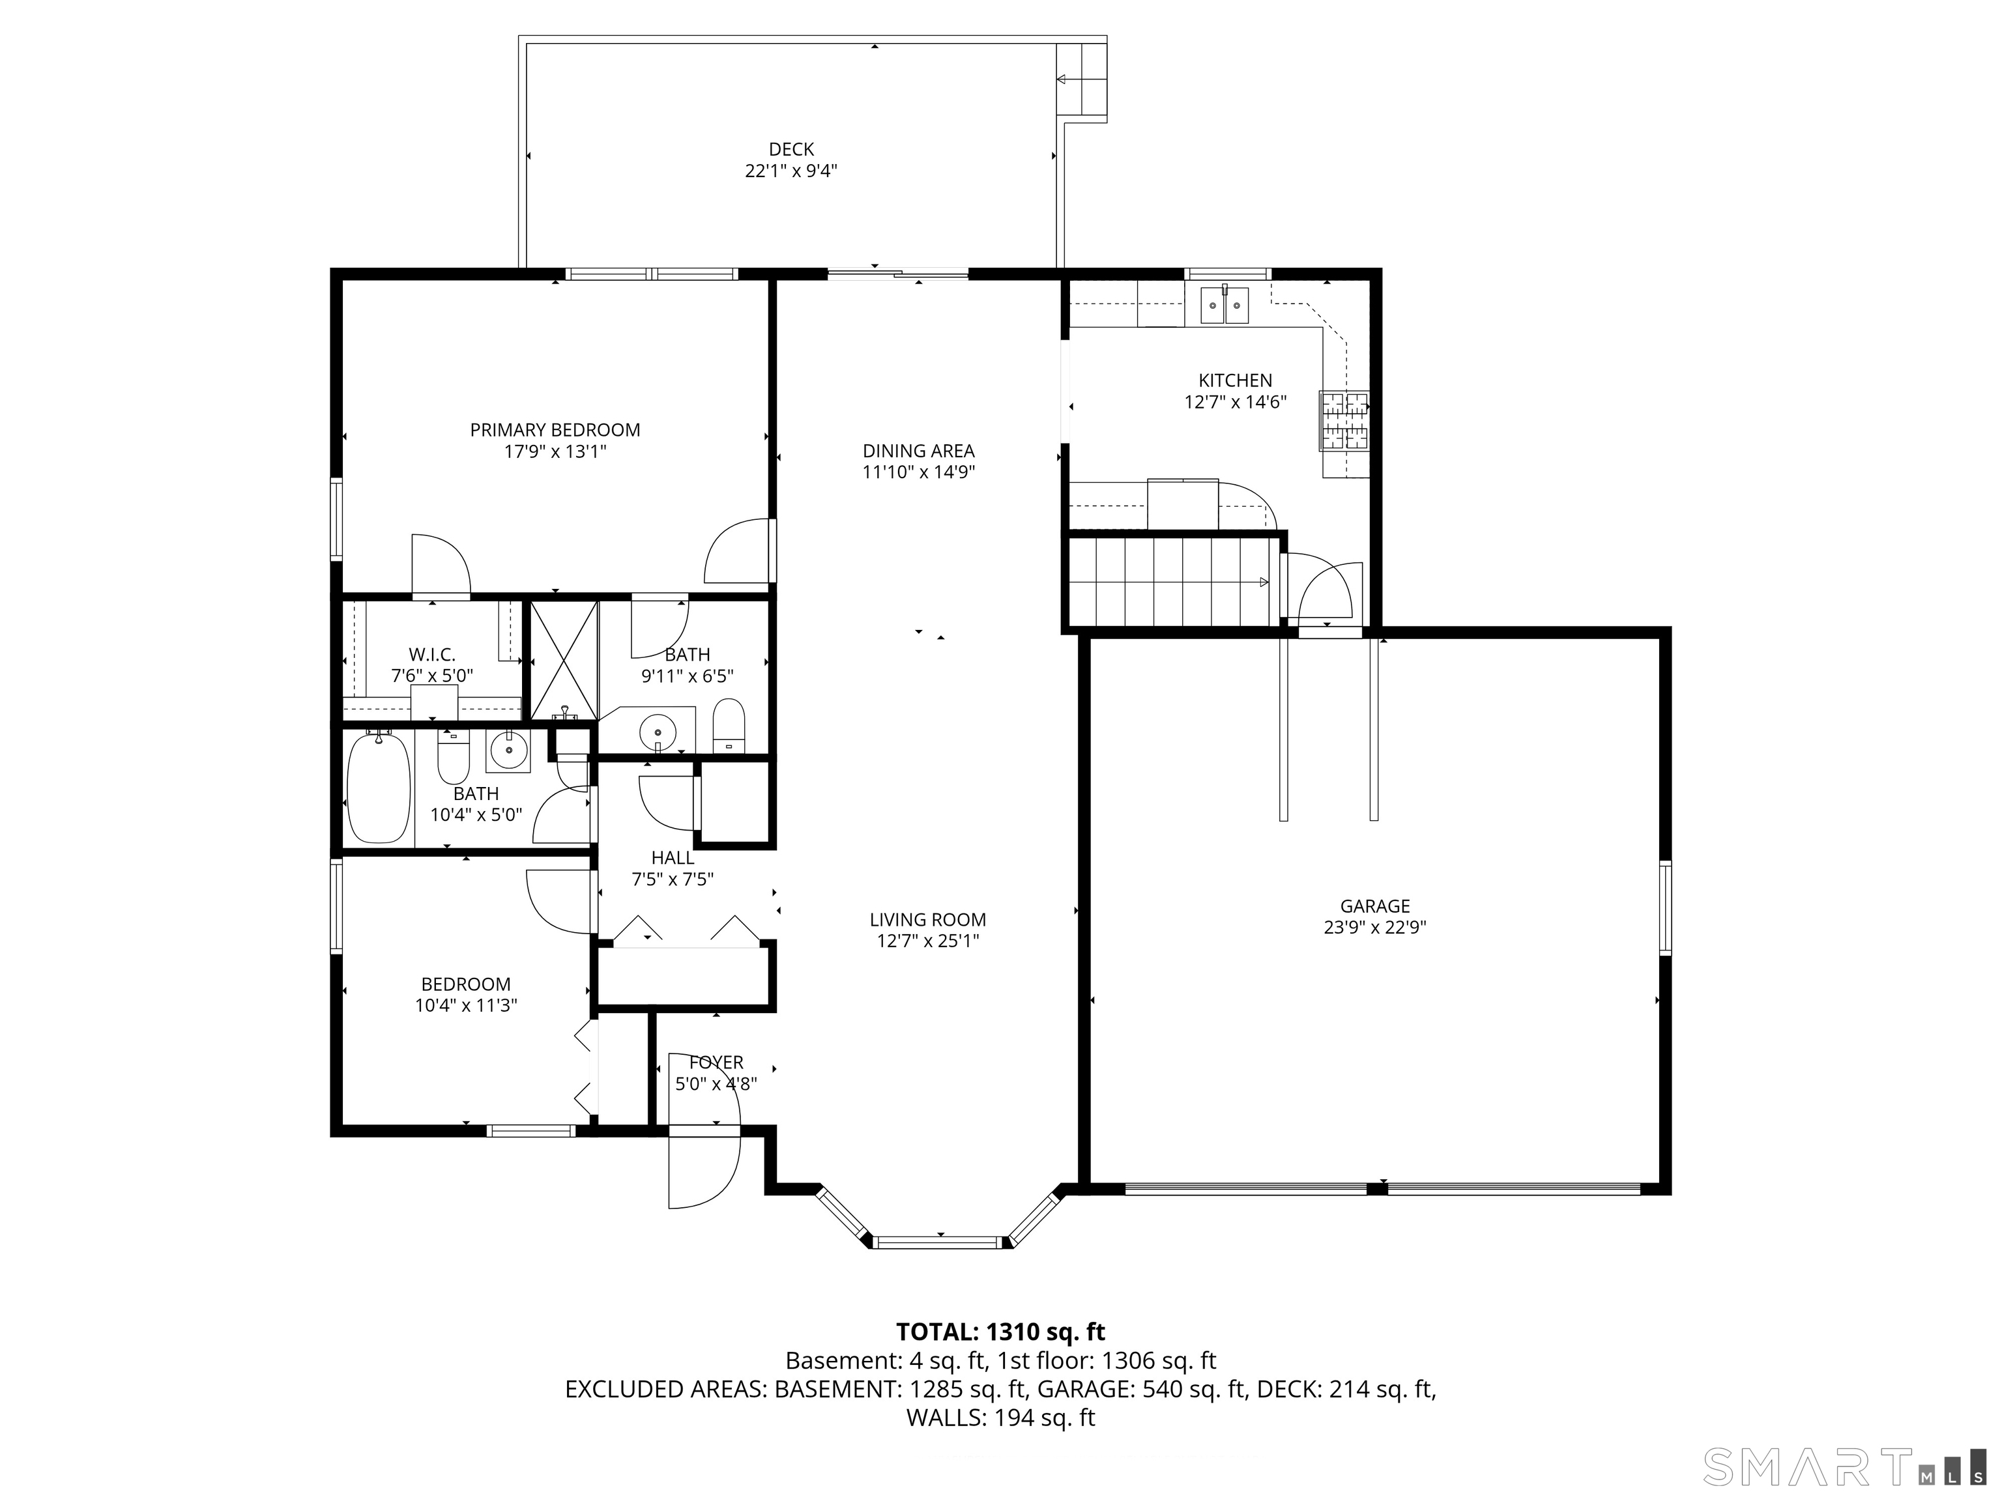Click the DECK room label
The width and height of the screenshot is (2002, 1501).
tap(791, 149)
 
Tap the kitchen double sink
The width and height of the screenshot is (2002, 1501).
tap(1225, 305)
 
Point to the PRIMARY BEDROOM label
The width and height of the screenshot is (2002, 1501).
tap(555, 431)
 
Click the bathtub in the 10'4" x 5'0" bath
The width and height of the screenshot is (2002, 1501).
tap(379, 788)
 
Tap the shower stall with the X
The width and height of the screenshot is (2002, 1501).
tap(563, 661)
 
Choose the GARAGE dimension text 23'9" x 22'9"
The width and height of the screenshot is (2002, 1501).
tap(1375, 928)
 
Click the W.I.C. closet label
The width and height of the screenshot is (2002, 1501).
tap(431, 654)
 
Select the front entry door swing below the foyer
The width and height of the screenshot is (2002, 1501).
tap(704, 1171)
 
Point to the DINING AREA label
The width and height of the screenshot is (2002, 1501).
tap(919, 451)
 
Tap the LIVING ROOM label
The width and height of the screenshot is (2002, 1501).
tap(928, 920)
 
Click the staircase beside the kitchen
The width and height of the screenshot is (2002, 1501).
tap(1172, 581)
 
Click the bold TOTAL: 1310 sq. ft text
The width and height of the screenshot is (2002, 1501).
tap(1000, 1332)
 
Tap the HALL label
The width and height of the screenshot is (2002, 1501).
tap(673, 858)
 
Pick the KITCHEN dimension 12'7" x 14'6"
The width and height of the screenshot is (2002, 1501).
tap(1236, 402)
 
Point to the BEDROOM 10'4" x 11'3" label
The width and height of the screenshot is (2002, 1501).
tap(466, 994)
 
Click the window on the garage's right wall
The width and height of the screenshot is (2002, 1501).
tap(1664, 908)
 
